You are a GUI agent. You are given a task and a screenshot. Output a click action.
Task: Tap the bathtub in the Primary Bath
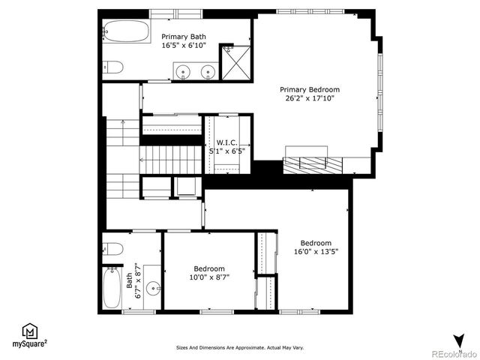tap(126, 31)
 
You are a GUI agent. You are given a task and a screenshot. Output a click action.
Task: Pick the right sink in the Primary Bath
tap(208, 72)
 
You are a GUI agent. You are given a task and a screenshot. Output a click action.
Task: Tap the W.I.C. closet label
tap(228, 142)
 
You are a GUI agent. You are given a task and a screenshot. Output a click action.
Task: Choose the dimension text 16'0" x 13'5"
tap(316, 251)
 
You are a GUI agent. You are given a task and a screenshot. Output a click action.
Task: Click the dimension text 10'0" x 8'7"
tap(209, 277)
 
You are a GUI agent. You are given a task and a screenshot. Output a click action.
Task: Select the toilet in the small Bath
tap(113, 249)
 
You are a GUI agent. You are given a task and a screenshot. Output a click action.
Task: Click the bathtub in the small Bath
tap(112, 288)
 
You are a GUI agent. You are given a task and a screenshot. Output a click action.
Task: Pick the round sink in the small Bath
tap(153, 286)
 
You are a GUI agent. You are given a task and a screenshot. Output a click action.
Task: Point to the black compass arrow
tap(459, 340)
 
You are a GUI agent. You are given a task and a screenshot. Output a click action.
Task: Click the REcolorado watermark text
tap(451, 353)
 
